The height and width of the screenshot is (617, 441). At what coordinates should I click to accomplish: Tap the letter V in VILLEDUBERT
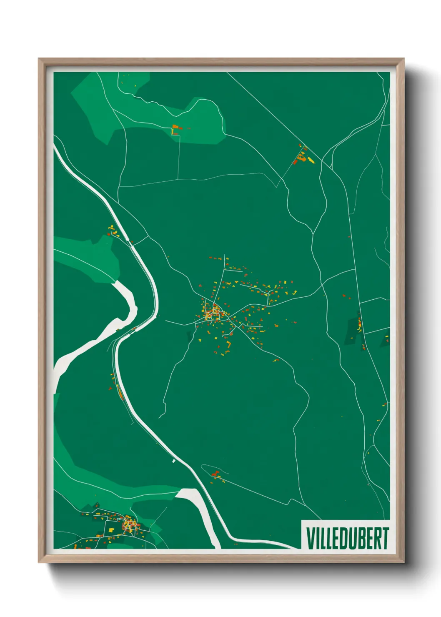click(x=310, y=538)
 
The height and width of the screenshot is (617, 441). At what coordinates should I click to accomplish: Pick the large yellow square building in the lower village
click(x=112, y=530)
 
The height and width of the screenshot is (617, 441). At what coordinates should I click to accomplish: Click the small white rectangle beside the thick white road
click(x=174, y=461)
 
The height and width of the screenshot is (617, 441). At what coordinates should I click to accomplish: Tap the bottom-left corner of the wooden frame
click(x=39, y=562)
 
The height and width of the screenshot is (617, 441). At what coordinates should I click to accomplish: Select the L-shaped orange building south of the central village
click(x=228, y=345)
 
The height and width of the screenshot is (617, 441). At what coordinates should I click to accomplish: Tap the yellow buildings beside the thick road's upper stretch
click(x=112, y=231)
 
